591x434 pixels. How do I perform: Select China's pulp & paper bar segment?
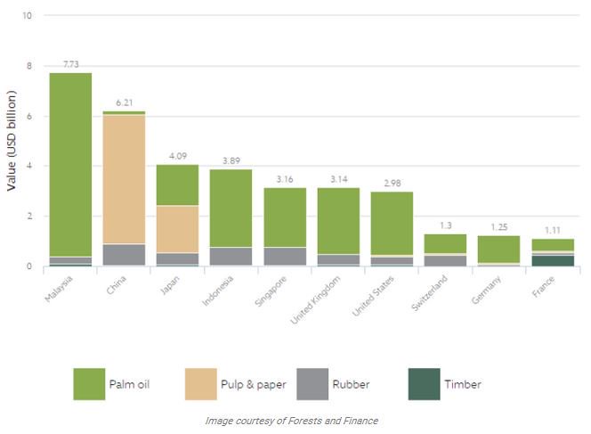tap(124, 179)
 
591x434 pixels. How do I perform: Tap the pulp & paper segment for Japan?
tap(177, 229)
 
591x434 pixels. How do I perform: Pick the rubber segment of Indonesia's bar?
tap(231, 256)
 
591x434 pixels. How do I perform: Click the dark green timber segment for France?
tap(552, 260)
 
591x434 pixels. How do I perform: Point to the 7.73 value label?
tap(71, 64)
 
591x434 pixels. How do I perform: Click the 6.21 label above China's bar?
tap(124, 102)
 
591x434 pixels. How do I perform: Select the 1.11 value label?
tap(552, 230)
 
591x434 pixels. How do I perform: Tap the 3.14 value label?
tap(338, 178)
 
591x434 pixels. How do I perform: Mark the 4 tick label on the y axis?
tap(30, 166)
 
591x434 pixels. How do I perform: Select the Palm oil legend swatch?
tap(89, 384)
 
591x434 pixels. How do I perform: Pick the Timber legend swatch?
tap(423, 384)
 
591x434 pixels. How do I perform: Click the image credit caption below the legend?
tap(291, 421)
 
